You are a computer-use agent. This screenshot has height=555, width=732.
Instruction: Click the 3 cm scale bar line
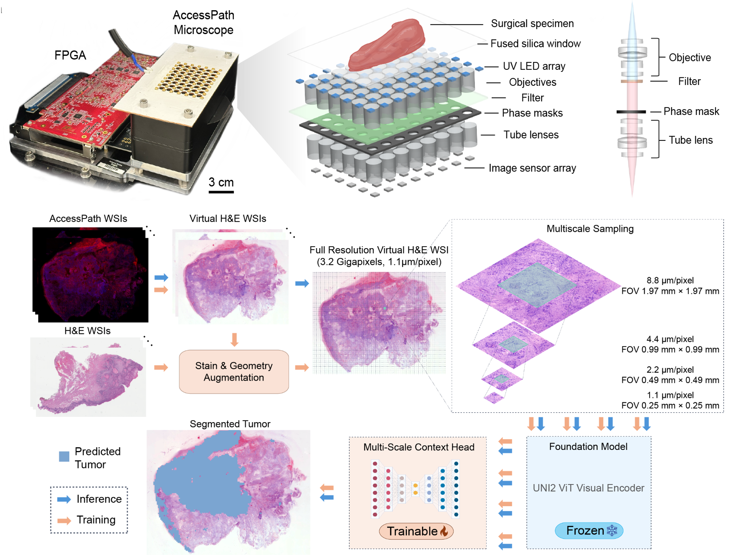[x=221, y=192]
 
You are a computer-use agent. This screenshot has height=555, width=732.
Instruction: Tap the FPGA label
[x=70, y=55]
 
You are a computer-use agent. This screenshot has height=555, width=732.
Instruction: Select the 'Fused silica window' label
[x=535, y=43]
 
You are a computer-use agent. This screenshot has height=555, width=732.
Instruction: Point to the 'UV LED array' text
[x=534, y=66]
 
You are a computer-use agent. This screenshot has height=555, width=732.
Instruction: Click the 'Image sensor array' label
[x=532, y=168]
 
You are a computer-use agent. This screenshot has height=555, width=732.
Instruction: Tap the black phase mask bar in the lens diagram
[x=631, y=112]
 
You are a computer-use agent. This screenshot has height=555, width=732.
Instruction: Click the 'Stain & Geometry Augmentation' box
[x=234, y=371]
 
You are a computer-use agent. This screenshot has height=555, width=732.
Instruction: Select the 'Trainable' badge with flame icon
[x=416, y=531]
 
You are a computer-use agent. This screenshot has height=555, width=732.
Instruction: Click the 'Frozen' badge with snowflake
[x=589, y=530]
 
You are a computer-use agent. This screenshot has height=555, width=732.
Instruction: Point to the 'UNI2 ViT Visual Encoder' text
[x=588, y=488]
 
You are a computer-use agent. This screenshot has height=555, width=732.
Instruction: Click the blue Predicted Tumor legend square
[x=64, y=456]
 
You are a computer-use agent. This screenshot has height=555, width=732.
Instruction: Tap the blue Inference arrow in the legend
[x=64, y=500]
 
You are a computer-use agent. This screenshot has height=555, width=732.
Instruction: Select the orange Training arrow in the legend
[x=64, y=520]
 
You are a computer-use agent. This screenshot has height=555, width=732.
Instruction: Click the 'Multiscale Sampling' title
[x=590, y=229]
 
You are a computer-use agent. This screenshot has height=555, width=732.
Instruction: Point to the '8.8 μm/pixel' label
[x=670, y=280]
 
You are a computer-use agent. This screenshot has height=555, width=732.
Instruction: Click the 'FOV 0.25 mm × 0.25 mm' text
[x=670, y=405]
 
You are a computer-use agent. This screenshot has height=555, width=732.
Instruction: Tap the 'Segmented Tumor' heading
[x=230, y=424]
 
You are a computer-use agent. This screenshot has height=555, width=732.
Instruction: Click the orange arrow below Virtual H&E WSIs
[x=235, y=339]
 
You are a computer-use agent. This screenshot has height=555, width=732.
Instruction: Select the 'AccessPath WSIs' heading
[x=88, y=219]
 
